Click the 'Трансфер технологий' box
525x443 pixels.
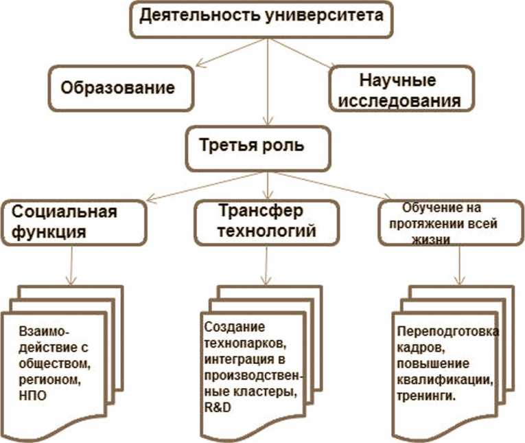tap(266, 221)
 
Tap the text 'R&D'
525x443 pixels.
tap(216, 407)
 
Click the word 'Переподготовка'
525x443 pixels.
tap(448, 332)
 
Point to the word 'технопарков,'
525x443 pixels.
tap(233, 343)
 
